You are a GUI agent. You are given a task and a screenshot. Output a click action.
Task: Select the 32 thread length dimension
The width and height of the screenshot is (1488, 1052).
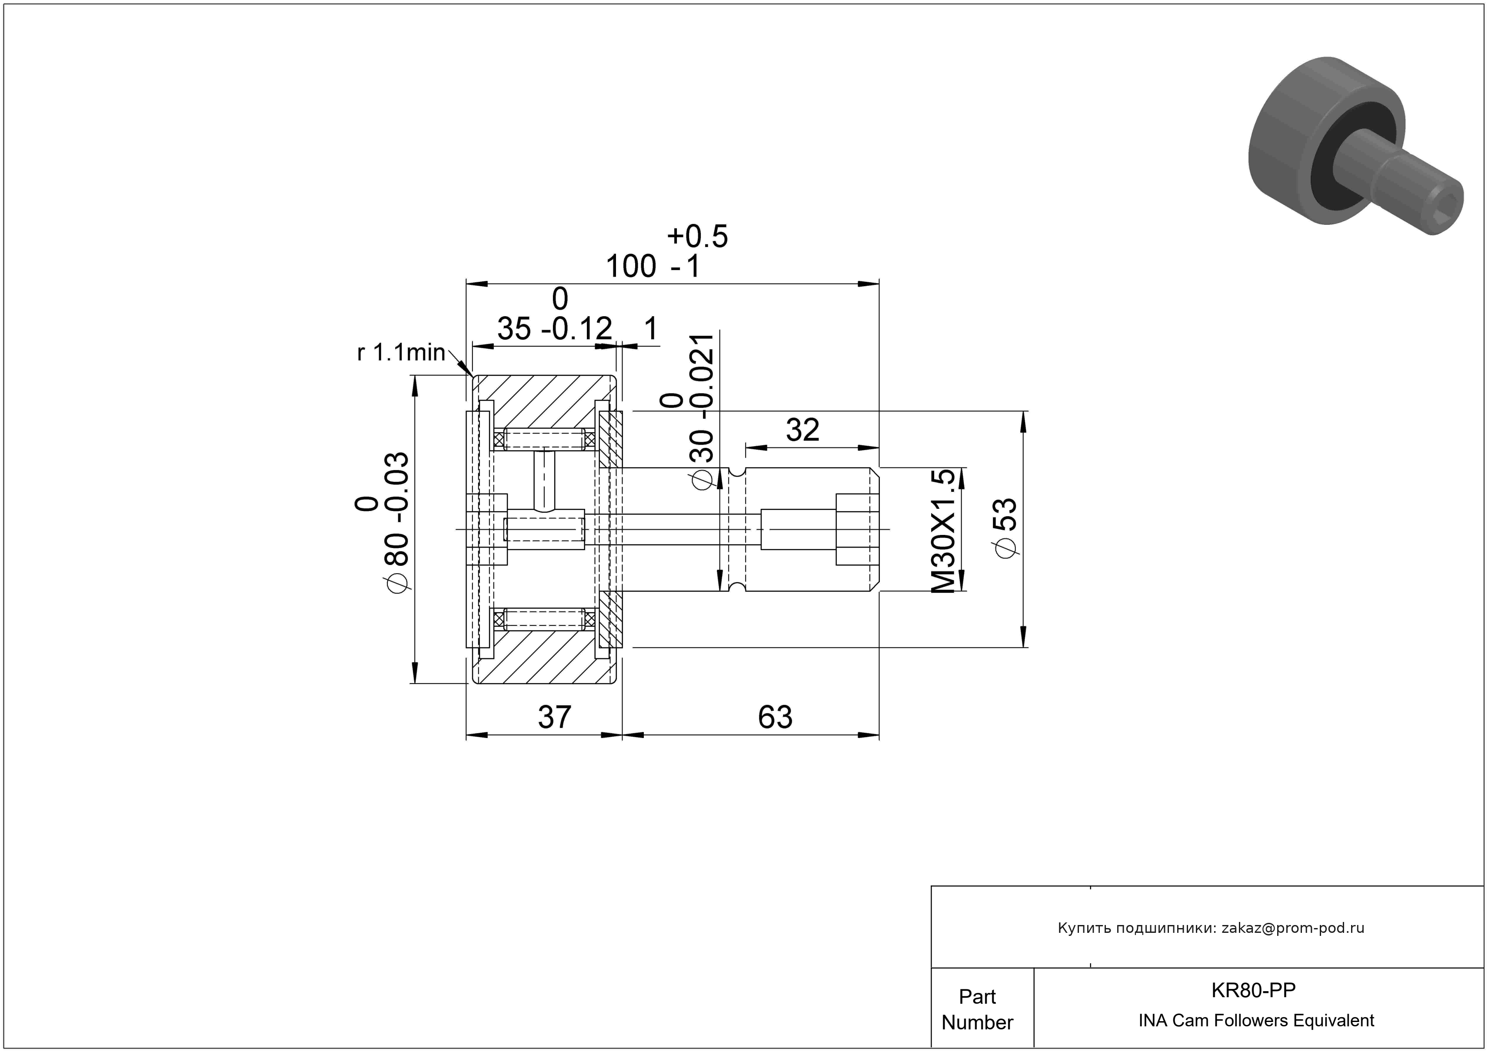tap(802, 430)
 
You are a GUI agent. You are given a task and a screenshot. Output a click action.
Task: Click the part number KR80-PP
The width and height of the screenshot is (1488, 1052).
tap(1253, 990)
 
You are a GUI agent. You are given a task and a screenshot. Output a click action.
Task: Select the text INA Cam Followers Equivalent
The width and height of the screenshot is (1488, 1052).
tap(1256, 1021)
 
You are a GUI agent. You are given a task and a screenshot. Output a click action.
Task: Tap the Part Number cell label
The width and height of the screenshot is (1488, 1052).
tap(977, 1009)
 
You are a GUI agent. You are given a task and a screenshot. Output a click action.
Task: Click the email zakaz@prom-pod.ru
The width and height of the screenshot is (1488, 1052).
tap(1293, 928)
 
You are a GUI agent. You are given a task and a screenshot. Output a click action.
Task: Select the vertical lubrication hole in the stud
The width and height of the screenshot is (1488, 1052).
tap(544, 480)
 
